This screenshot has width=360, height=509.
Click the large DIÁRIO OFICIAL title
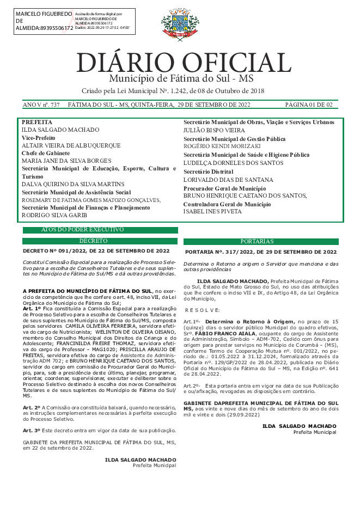coord(184,63)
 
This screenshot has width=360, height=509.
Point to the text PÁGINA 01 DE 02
coord(309,105)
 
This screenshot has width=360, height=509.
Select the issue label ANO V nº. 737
coord(41,105)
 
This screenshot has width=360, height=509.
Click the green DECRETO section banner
coord(100,241)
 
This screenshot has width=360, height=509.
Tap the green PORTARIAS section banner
coord(261,241)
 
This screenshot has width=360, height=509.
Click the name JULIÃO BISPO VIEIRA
coord(214,130)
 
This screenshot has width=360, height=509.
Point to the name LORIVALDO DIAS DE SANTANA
coord(228,180)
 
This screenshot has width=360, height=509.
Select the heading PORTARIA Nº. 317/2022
coord(260,252)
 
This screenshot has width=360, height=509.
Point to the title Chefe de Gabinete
coord(45,154)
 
